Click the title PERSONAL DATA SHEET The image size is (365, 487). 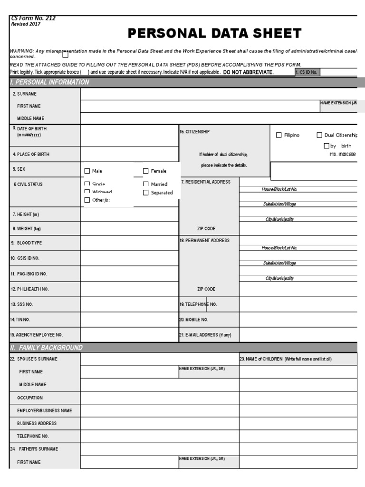214,33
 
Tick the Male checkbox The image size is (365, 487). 87,171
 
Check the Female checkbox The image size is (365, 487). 146,171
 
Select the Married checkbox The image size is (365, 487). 146,184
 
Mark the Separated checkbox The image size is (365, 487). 146,193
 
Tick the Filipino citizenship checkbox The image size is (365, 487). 279,135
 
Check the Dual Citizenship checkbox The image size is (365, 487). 319,135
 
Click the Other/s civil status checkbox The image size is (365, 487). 87,200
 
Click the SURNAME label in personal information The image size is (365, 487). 27,94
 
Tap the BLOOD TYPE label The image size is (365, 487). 29,243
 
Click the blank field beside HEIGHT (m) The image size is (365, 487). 129,214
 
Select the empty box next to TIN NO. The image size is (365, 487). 129,320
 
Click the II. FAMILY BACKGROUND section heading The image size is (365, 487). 47,348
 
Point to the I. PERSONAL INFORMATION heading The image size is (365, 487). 50,82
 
